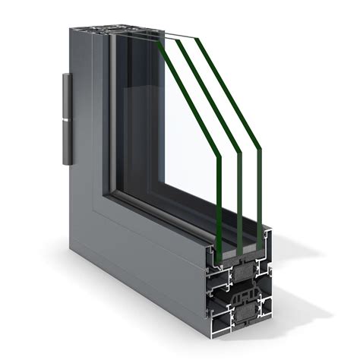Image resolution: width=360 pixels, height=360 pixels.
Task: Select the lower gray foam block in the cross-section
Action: pyautogui.click(x=246, y=311)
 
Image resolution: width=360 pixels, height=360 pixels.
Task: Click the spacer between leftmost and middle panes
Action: pyautogui.click(x=229, y=248)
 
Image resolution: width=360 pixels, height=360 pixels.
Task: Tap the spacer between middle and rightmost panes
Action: pyautogui.click(x=250, y=244)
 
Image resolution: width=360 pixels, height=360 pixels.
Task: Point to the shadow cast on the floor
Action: pyautogui.click(x=304, y=304)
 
